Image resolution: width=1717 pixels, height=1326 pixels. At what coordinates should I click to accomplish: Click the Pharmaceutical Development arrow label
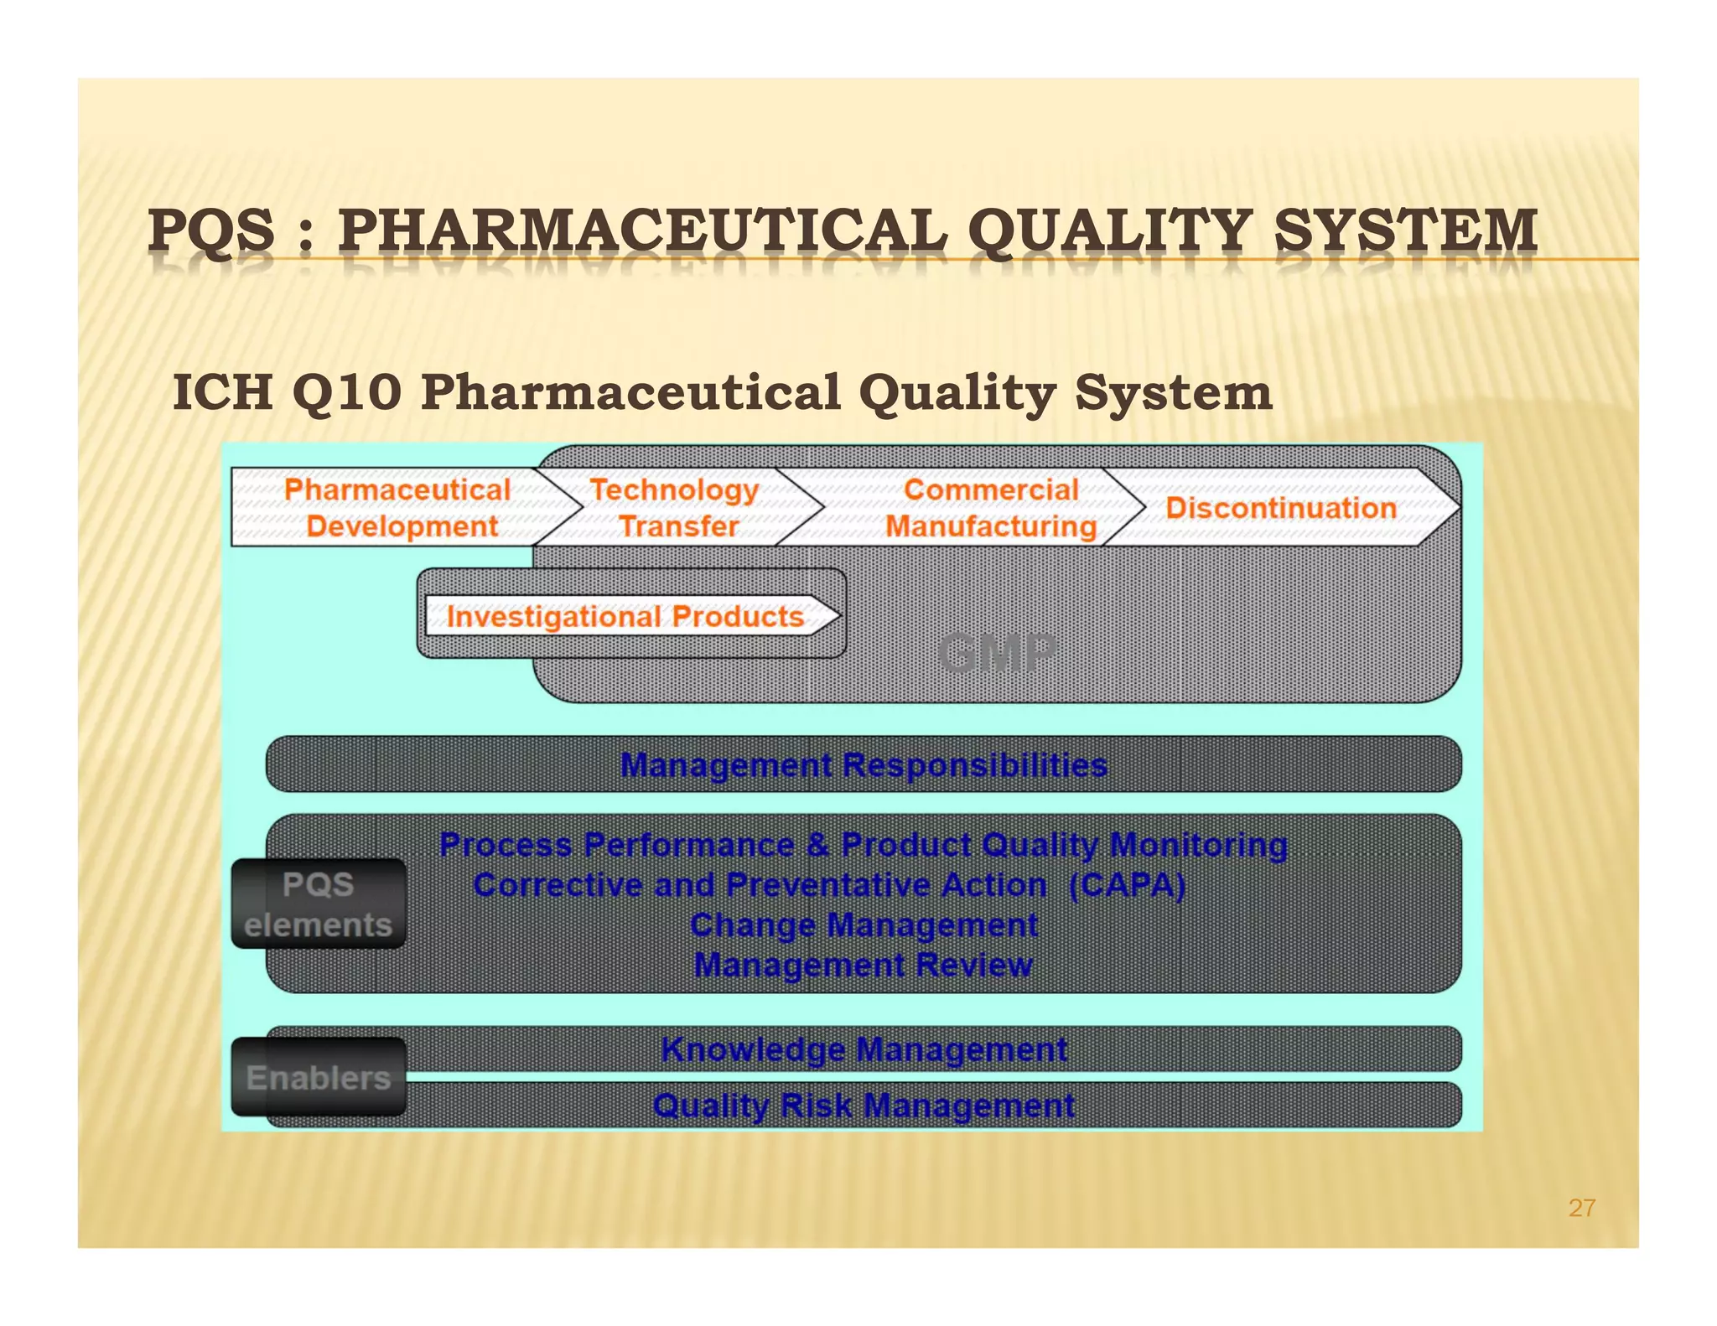point(397,508)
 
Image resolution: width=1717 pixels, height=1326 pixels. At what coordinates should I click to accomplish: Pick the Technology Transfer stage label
point(676,508)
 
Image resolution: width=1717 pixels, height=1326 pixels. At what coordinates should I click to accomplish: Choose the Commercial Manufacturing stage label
point(991,508)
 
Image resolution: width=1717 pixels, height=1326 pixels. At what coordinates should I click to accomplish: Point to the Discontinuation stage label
point(1281,508)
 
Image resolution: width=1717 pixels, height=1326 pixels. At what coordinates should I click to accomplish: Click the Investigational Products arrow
point(625,617)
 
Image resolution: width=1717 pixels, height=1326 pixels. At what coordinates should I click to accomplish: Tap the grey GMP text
point(997,653)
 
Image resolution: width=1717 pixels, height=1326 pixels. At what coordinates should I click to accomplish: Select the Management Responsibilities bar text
point(864,765)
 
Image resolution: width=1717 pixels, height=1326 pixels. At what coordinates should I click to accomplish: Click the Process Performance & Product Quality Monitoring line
point(864,845)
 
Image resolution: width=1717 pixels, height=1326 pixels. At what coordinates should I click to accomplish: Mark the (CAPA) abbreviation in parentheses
point(1128,885)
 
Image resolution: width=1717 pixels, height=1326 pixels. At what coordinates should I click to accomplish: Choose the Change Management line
point(864,925)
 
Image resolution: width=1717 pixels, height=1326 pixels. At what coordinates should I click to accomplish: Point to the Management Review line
point(864,966)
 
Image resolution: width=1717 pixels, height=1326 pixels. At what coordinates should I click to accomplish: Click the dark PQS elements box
point(319,904)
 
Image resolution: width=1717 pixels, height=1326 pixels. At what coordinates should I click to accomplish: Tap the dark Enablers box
point(319,1078)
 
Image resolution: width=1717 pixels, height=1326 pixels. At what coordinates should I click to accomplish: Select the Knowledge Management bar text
point(864,1049)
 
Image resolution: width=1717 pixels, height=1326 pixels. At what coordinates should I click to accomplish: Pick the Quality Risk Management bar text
point(864,1106)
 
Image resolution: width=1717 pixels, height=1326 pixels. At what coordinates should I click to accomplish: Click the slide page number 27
point(1582,1208)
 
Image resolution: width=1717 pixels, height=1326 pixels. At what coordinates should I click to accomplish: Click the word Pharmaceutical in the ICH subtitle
point(630,392)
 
